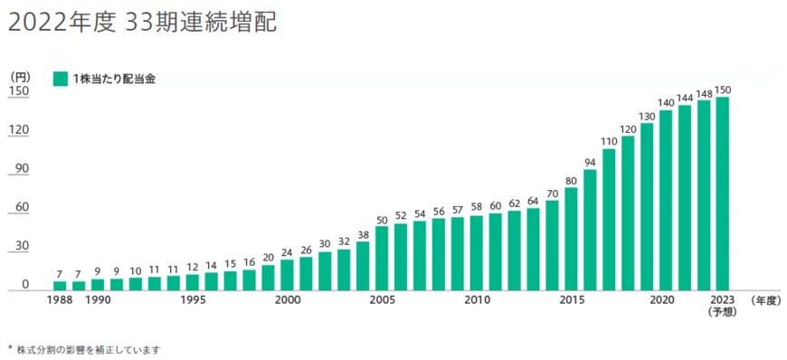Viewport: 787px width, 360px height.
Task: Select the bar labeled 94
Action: pyautogui.click(x=590, y=230)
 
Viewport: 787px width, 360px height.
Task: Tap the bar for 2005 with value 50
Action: pyautogui.click(x=382, y=259)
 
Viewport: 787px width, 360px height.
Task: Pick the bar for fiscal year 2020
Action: pyautogui.click(x=666, y=200)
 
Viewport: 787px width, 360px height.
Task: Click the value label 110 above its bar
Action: pyautogui.click(x=609, y=141)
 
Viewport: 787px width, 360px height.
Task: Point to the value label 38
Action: pyautogui.click(x=363, y=234)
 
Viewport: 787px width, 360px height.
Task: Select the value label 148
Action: pyautogui.click(x=704, y=93)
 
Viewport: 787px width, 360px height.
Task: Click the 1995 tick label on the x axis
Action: pyautogui.click(x=193, y=300)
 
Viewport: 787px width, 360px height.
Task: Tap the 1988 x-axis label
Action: pyautogui.click(x=60, y=300)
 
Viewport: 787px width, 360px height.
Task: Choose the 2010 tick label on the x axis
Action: pyautogui.click(x=477, y=300)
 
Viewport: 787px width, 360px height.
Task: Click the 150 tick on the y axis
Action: pyautogui.click(x=19, y=91)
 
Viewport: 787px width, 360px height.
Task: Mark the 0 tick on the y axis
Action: pyautogui.click(x=25, y=285)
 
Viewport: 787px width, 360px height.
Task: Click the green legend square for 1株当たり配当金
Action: pyautogui.click(x=61, y=79)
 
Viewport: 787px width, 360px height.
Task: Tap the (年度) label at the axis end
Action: pyautogui.click(x=765, y=300)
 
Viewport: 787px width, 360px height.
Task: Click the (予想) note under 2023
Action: pyautogui.click(x=723, y=312)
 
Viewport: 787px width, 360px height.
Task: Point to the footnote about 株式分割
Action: pyautogui.click(x=86, y=348)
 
